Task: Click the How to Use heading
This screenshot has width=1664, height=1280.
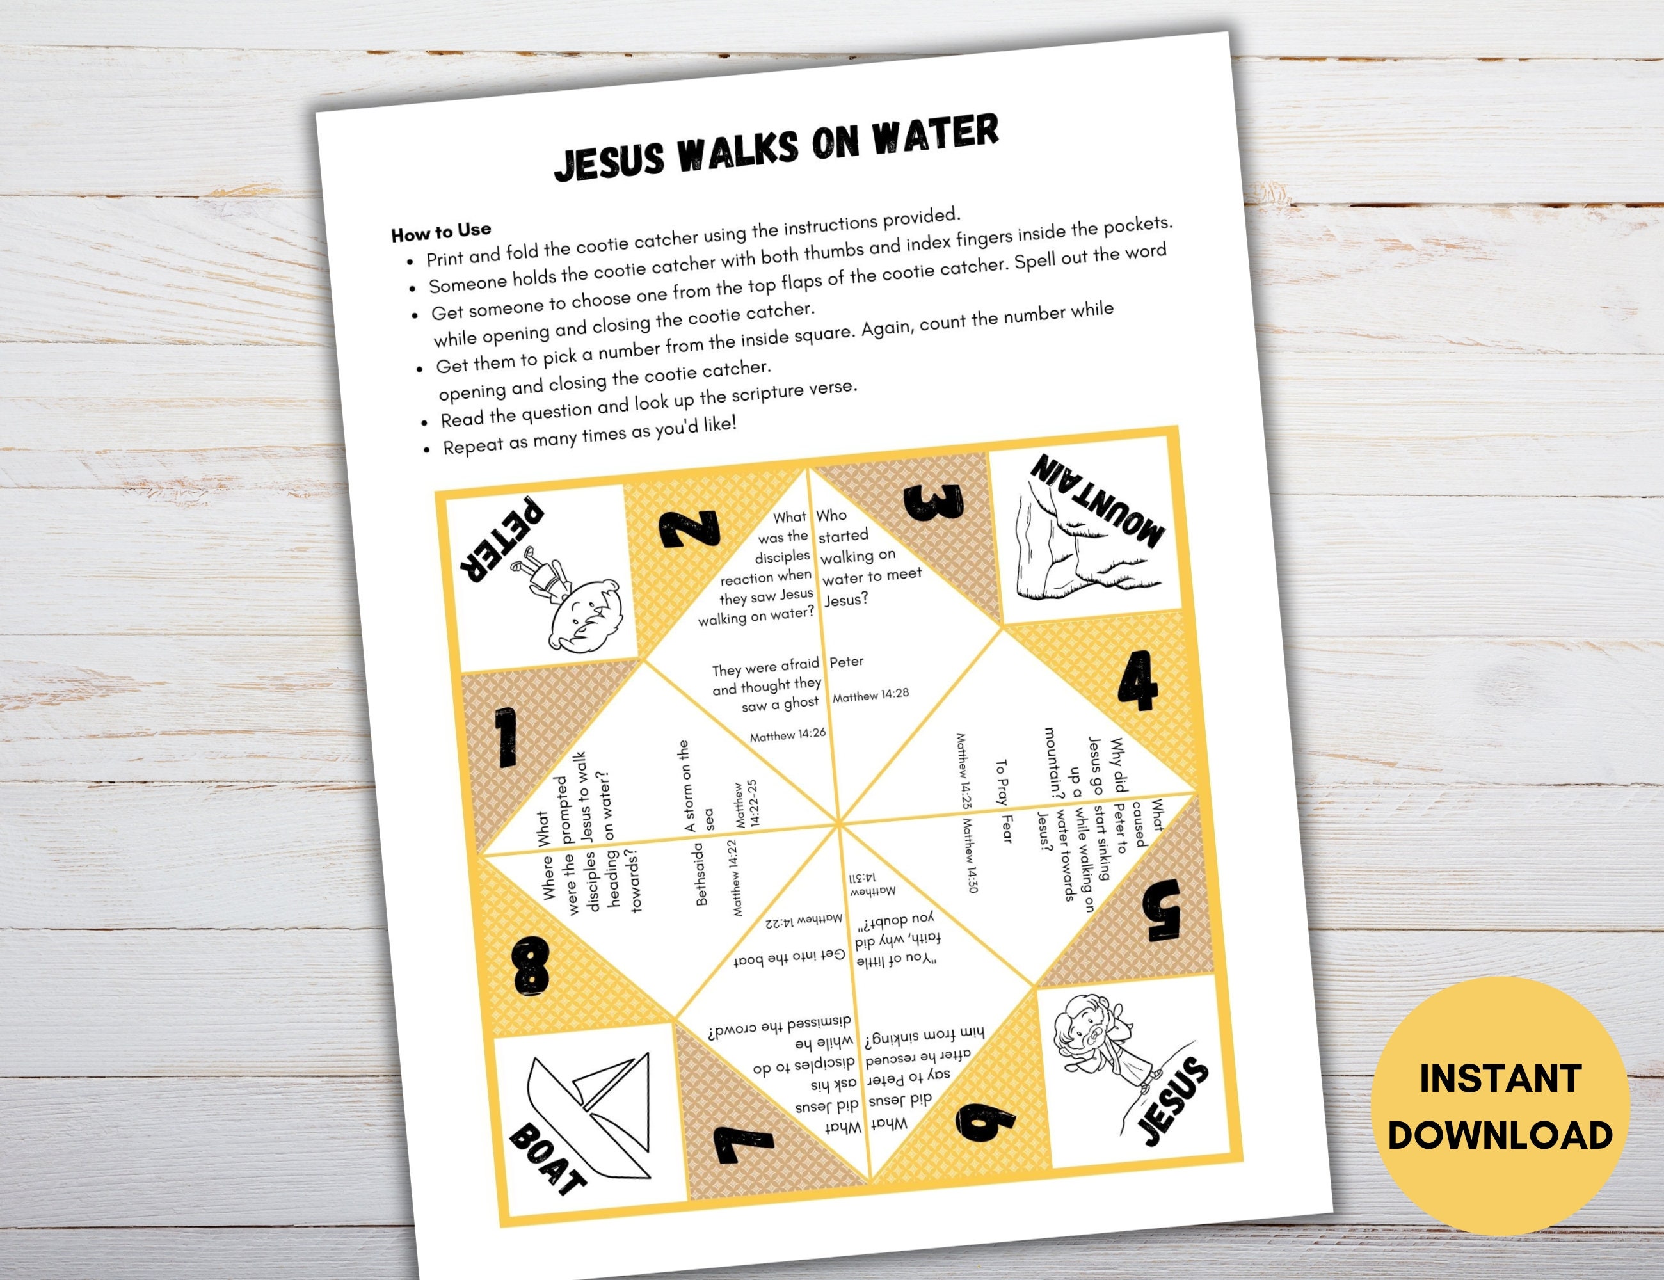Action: point(441,232)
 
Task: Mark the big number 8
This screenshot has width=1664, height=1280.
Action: point(531,967)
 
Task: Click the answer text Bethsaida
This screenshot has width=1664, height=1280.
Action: point(701,874)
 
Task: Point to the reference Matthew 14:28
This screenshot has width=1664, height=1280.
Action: point(870,695)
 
